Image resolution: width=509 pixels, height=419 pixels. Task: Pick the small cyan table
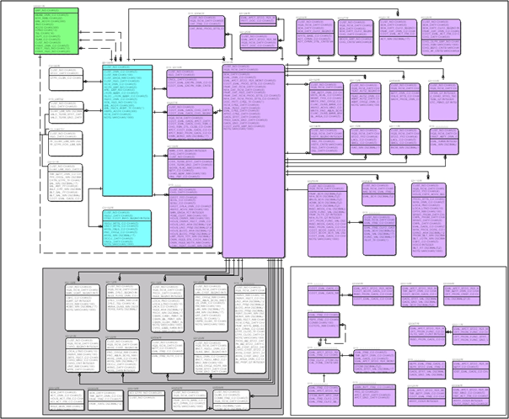click(126, 228)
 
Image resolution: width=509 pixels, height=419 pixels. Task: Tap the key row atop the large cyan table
click(126, 67)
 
